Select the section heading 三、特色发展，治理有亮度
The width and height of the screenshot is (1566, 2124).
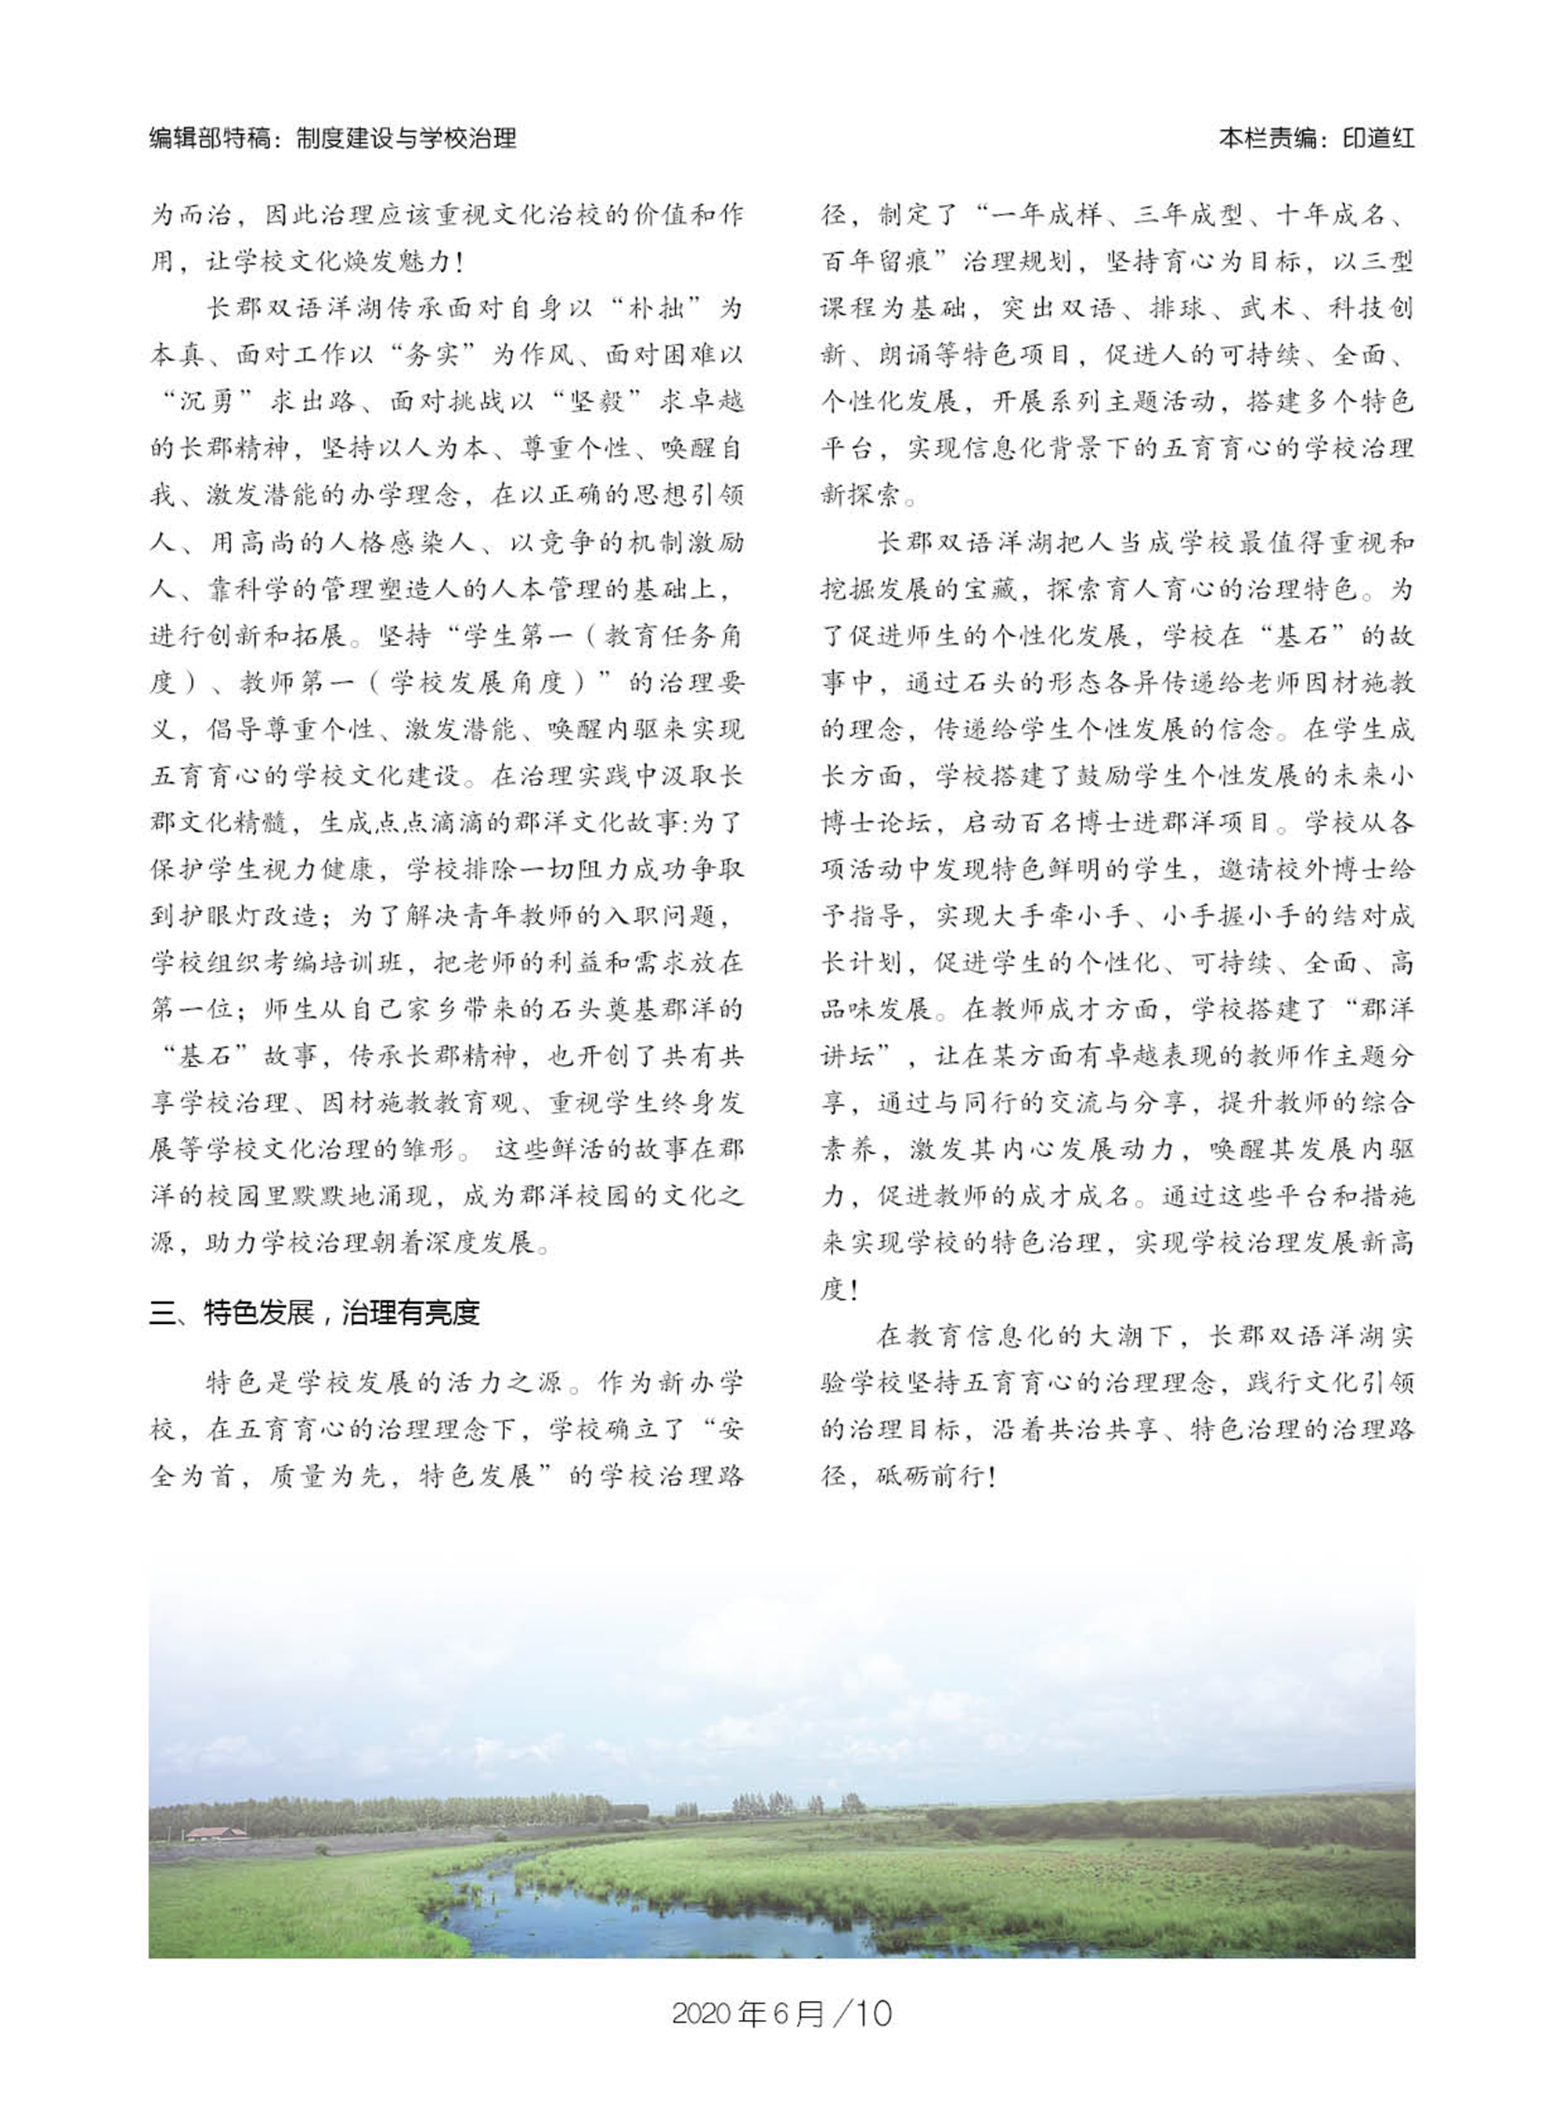tap(315, 1313)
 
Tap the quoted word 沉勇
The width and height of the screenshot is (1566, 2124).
tap(206, 401)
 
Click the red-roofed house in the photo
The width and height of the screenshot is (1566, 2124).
tap(215, 1833)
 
